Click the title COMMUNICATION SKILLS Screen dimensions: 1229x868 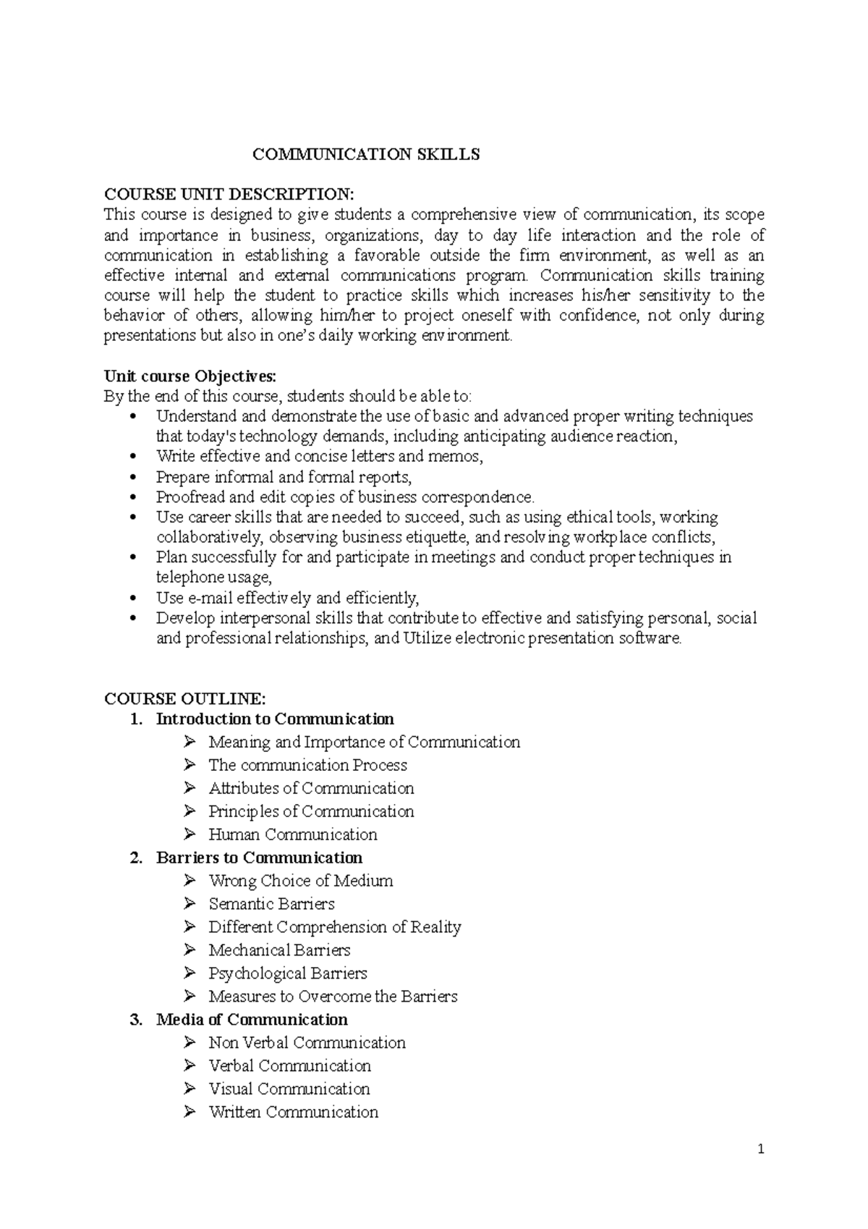365,155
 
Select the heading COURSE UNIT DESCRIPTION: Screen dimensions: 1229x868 229,194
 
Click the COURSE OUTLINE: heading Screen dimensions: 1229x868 185,698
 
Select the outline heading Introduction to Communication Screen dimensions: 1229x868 275,719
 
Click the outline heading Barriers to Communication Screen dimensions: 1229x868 259,858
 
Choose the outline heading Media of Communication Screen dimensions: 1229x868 252,1020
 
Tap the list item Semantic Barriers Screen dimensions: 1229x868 271,904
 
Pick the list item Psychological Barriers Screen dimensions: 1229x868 288,974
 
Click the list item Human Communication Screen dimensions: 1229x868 293,835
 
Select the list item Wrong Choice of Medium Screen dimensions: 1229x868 301,881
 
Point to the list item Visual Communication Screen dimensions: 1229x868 289,1089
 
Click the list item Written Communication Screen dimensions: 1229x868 294,1112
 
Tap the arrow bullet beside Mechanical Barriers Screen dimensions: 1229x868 190,950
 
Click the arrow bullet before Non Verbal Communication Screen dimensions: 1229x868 190,1042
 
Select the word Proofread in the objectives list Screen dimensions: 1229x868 187,497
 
